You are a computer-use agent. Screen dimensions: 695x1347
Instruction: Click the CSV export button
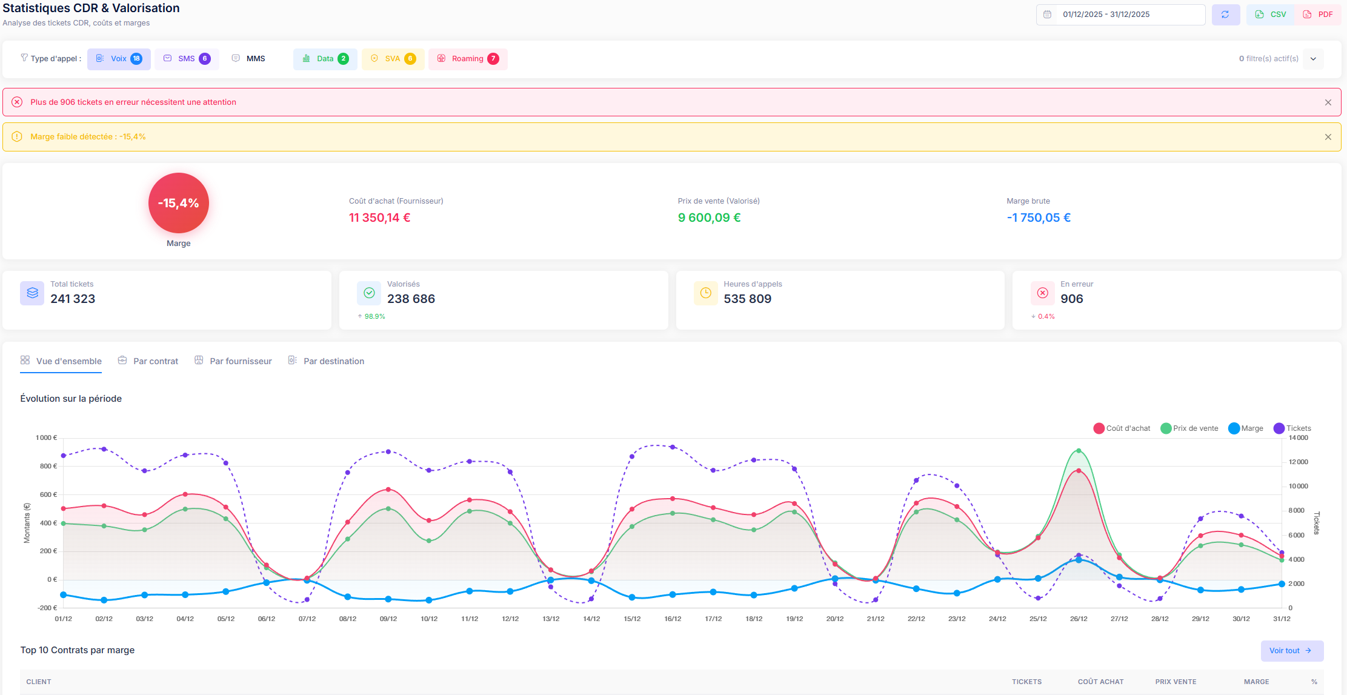(x=1270, y=15)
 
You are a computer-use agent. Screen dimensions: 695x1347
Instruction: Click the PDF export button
(x=1318, y=15)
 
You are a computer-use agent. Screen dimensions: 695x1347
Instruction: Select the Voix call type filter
(x=119, y=59)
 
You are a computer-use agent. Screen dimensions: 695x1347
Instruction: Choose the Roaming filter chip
(x=467, y=59)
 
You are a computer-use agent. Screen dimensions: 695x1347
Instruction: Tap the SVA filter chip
(x=393, y=59)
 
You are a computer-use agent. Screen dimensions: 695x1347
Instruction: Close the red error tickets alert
(x=1328, y=102)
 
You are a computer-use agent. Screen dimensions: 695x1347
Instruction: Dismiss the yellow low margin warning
(x=1328, y=137)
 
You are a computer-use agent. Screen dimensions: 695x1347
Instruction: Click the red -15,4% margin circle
(x=179, y=203)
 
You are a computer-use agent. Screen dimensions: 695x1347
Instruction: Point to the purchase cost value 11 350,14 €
(x=379, y=218)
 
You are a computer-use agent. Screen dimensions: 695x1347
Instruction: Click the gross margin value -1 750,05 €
(x=1038, y=218)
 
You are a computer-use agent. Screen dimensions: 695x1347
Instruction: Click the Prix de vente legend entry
(x=1189, y=428)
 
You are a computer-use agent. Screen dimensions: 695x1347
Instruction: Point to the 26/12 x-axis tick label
(x=1079, y=619)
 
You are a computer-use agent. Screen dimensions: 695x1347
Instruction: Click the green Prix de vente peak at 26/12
(x=1079, y=451)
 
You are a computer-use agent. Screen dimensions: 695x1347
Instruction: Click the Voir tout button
(x=1291, y=651)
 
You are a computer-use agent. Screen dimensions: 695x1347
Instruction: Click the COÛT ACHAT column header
(x=1100, y=682)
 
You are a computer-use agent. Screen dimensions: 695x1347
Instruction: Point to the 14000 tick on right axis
(x=1299, y=437)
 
